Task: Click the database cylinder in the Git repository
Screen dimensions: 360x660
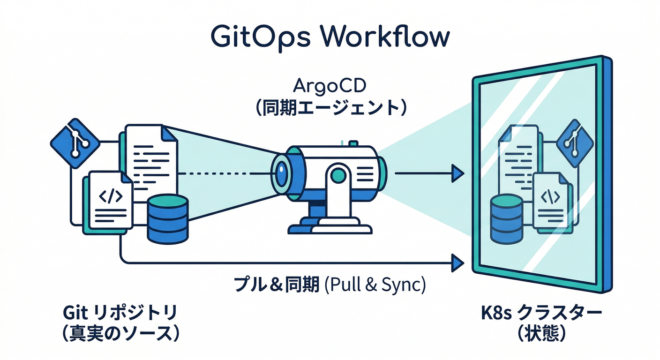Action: [167, 219]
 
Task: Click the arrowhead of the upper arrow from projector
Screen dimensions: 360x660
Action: [457, 173]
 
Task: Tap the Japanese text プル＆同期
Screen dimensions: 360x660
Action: [277, 285]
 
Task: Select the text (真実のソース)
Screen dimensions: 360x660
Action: [121, 334]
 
